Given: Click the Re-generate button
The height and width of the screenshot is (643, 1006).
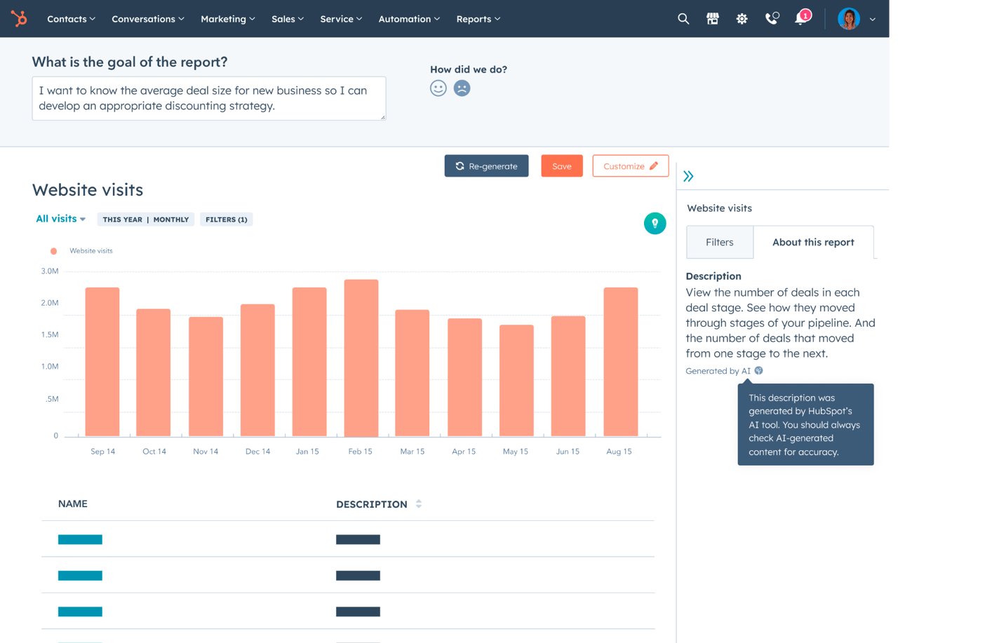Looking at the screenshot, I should (x=486, y=166).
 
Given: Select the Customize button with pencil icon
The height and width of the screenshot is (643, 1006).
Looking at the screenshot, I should (x=630, y=166).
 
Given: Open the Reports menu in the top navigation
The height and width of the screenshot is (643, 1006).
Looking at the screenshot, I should (x=478, y=19).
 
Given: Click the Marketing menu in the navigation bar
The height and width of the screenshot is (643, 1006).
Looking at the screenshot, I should (x=227, y=19).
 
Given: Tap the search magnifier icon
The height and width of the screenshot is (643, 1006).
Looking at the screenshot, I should (x=683, y=19).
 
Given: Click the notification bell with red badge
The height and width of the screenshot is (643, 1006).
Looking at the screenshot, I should (x=801, y=18).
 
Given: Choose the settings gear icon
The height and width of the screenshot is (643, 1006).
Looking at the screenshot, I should (x=742, y=19).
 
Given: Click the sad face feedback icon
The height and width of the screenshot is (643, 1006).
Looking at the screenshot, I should (x=462, y=88).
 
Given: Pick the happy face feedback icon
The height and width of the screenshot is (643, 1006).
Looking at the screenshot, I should (x=438, y=88).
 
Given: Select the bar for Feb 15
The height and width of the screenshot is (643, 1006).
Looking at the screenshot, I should (x=361, y=358).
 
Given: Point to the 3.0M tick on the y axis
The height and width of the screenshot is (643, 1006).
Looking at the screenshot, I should (x=50, y=271).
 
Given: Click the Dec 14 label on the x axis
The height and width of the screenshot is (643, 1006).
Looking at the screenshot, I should (x=257, y=452).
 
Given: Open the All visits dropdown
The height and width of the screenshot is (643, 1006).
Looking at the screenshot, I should (x=60, y=219).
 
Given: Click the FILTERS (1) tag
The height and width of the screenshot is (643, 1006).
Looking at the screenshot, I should (x=226, y=219).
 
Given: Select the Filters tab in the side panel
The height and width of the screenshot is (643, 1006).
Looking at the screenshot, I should (x=719, y=242).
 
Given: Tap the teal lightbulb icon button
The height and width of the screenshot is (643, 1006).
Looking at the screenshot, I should (x=655, y=223).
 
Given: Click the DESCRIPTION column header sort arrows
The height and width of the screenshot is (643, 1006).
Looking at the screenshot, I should (x=419, y=504).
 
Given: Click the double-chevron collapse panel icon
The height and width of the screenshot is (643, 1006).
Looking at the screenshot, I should (x=688, y=176).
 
